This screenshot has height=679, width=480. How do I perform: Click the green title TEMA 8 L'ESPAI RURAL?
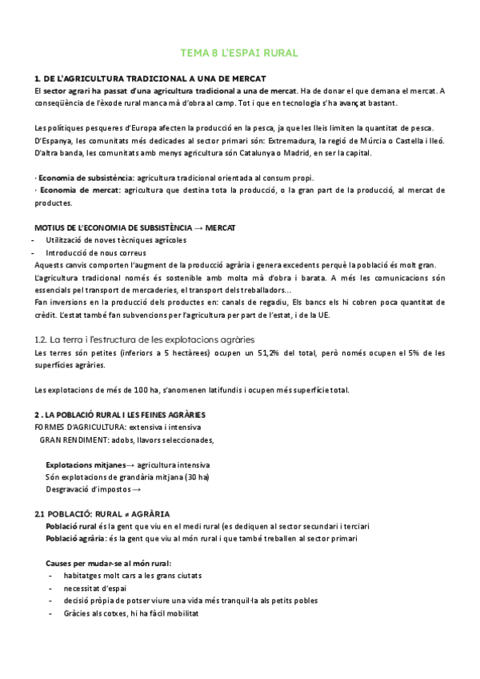tap(240, 53)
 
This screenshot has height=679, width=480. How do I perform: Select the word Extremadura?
tap(292, 141)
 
